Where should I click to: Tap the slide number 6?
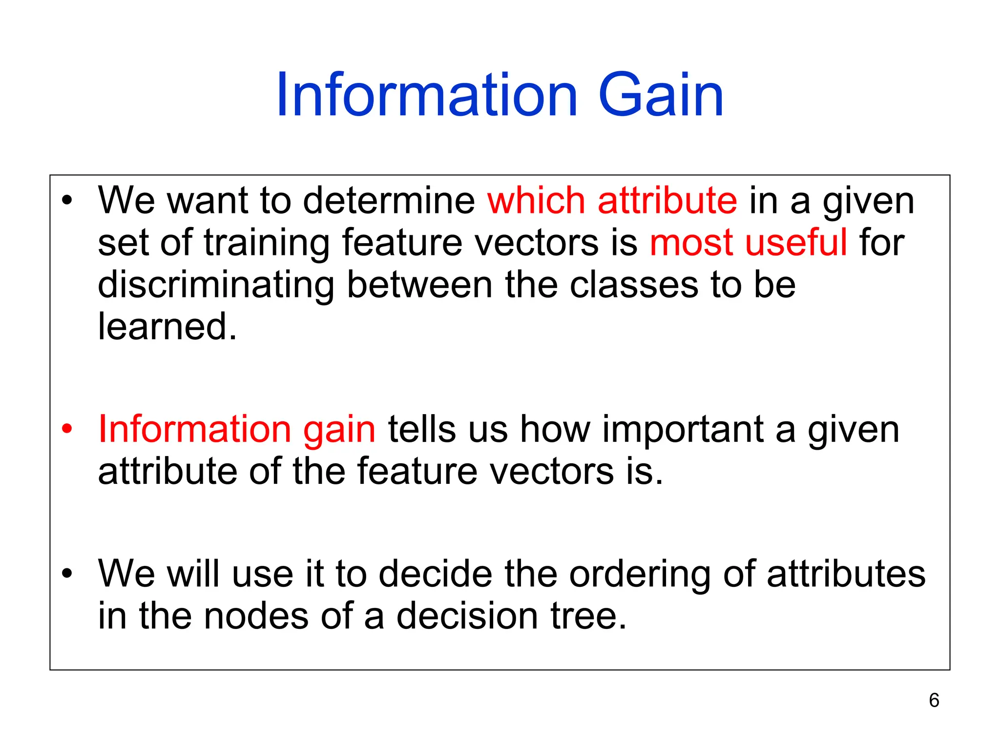[x=934, y=700]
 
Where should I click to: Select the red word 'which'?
[x=536, y=201]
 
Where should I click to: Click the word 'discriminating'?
[x=216, y=285]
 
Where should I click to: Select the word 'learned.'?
[x=167, y=327]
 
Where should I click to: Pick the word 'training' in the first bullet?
[x=266, y=244]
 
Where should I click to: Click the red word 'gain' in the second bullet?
[x=339, y=430]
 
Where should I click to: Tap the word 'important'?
[x=682, y=430]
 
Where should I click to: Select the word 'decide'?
[x=436, y=574]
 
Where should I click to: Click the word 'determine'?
[x=389, y=201]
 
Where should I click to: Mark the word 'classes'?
[x=634, y=285]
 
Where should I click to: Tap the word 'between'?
[x=419, y=285]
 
